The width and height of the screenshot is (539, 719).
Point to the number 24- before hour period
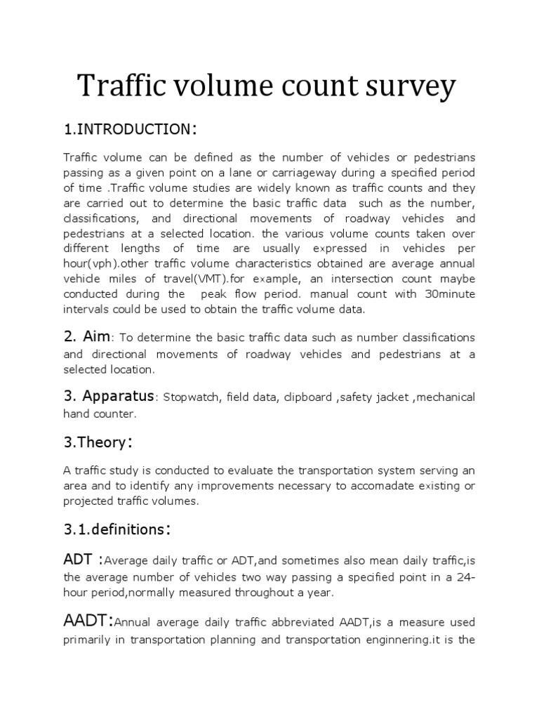tap(465, 577)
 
